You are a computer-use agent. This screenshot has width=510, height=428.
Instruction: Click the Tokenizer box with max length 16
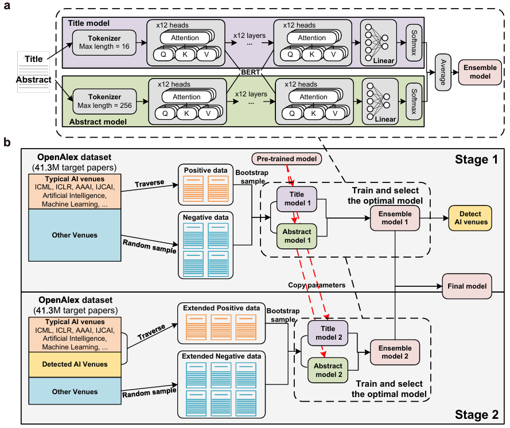[x=104, y=41]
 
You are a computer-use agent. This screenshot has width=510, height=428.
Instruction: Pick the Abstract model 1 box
[x=296, y=236]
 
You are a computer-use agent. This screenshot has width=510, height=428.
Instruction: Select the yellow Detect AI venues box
[x=471, y=217]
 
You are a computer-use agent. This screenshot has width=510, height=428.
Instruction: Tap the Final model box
[x=466, y=286]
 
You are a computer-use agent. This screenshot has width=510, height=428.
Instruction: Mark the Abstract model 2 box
[x=328, y=370]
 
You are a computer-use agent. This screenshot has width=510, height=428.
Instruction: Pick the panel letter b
[x=7, y=140]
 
